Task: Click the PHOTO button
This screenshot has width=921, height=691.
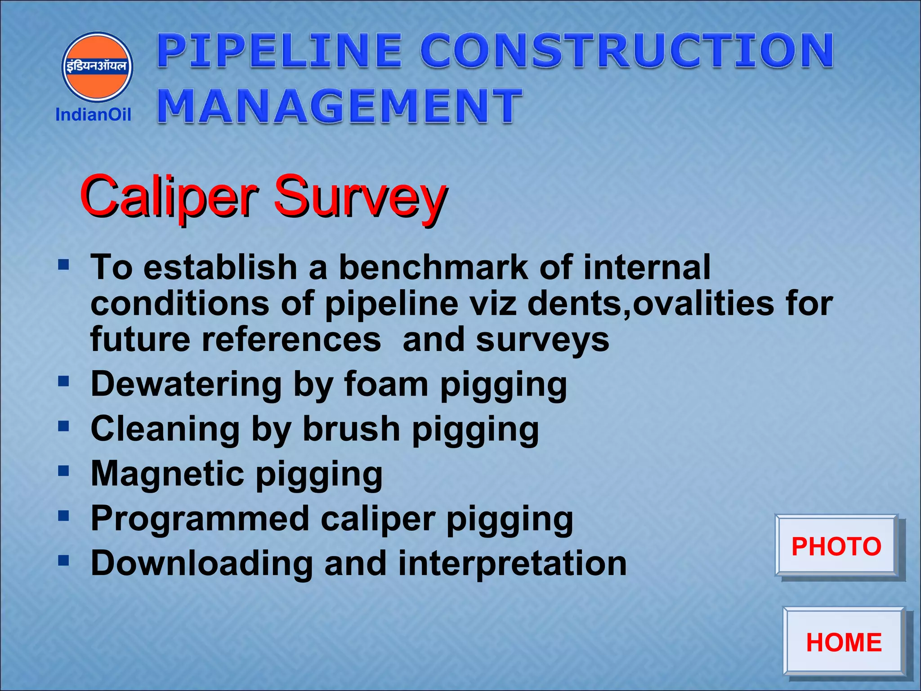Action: (x=836, y=546)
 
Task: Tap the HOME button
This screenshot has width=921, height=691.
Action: (x=844, y=642)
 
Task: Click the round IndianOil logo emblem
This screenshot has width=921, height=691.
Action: (x=97, y=67)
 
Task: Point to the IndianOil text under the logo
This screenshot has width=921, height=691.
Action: (x=93, y=115)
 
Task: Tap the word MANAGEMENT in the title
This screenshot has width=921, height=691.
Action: (x=340, y=106)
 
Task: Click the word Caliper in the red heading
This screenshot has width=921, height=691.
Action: (x=169, y=197)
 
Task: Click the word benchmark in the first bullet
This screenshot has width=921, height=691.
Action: (x=433, y=267)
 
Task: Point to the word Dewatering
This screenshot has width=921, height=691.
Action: (x=186, y=385)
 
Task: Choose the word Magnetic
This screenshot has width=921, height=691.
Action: (x=167, y=474)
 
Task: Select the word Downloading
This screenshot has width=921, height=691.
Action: (x=201, y=563)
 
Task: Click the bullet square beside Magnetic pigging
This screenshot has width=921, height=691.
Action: (x=63, y=471)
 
